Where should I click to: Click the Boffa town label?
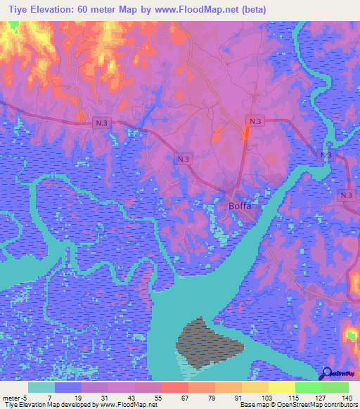(x=240, y=207)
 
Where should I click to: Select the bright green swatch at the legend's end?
(x=335, y=388)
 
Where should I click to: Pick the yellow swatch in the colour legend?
(x=281, y=388)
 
